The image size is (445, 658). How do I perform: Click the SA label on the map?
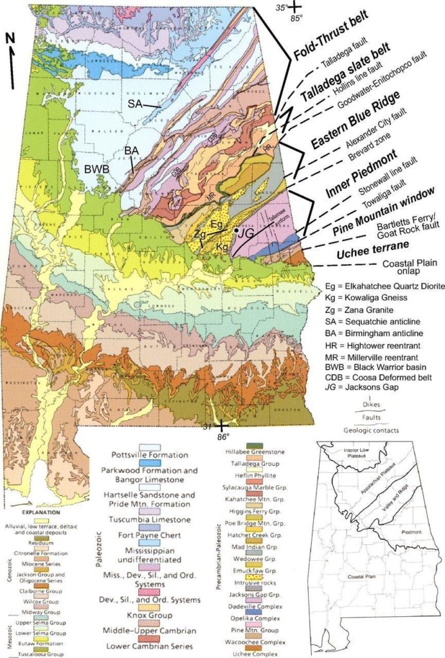[x=135, y=102]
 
